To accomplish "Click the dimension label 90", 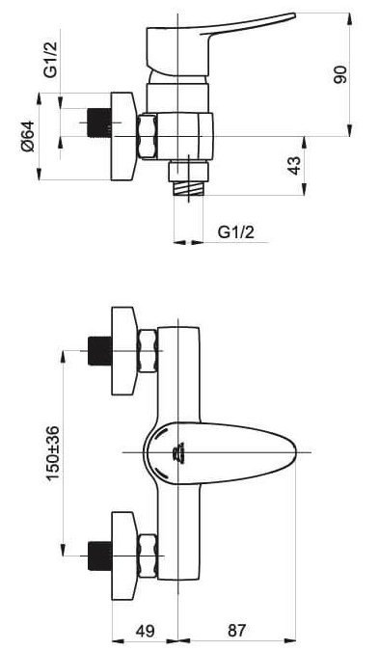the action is pos(341,74).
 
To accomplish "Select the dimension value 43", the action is pos(294,166).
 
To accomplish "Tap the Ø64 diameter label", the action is pos(28,136).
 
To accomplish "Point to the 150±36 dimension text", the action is pos(53,453).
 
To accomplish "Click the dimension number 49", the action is pos(145,631).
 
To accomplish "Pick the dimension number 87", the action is pos(236,631).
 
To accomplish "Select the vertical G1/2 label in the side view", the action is pos(51,54).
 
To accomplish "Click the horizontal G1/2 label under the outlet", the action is pos(236,232).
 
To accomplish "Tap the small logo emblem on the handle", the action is pos(178,452).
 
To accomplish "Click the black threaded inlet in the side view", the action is pos(99,122).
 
